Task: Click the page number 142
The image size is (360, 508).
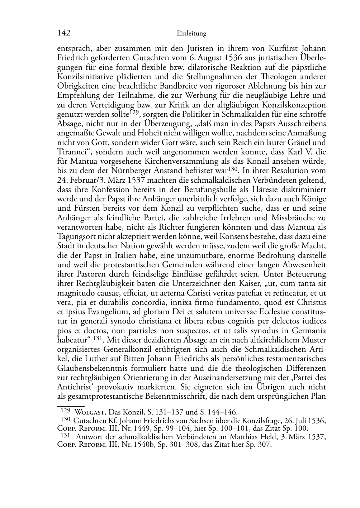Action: [63, 33]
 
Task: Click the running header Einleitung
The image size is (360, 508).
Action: [192, 34]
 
